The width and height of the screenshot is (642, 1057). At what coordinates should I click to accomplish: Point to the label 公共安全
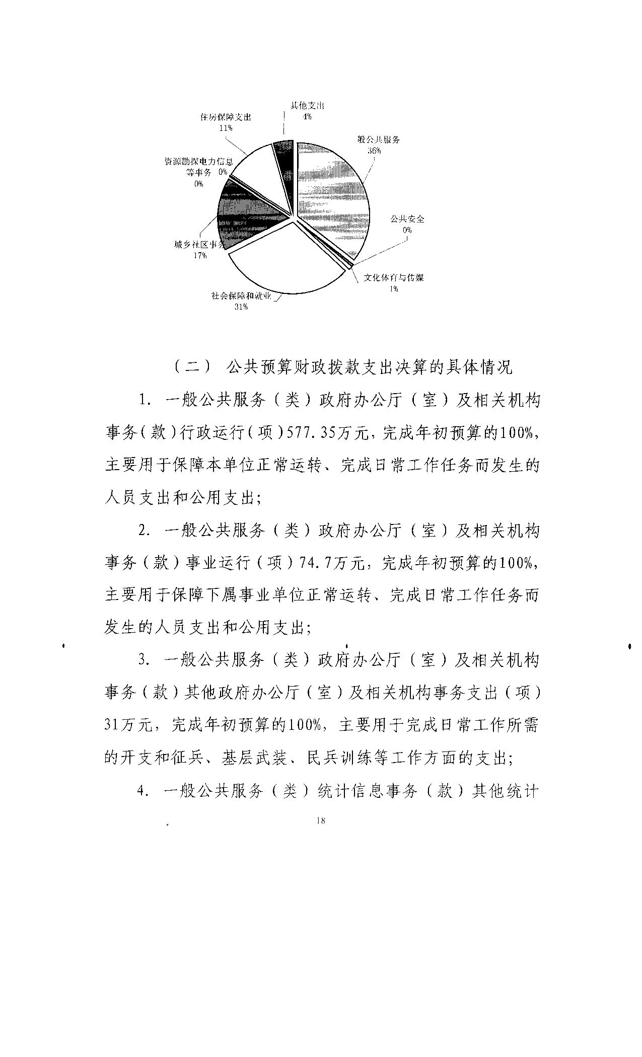pyautogui.click(x=407, y=219)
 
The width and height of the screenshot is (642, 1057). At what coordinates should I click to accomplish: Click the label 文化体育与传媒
pyautogui.click(x=393, y=278)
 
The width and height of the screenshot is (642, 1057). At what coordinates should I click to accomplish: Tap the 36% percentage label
pyautogui.click(x=374, y=150)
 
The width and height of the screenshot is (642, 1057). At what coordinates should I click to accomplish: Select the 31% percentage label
pyautogui.click(x=241, y=307)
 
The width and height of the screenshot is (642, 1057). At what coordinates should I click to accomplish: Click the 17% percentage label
pyautogui.click(x=200, y=255)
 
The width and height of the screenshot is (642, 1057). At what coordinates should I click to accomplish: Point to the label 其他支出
pyautogui.click(x=307, y=106)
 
